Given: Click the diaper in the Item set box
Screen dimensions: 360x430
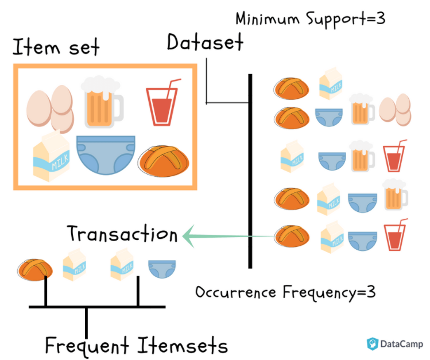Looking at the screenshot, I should [x=106, y=154].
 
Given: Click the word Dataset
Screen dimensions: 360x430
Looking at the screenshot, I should [x=205, y=42].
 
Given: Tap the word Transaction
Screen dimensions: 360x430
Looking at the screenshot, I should [x=122, y=234].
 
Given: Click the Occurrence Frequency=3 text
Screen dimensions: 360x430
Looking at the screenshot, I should [x=285, y=292].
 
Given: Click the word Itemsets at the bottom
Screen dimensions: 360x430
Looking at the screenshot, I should [x=182, y=346].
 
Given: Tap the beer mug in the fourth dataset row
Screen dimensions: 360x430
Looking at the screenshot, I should [x=396, y=196].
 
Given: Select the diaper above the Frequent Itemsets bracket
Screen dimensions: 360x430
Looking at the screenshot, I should [x=158, y=268].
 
